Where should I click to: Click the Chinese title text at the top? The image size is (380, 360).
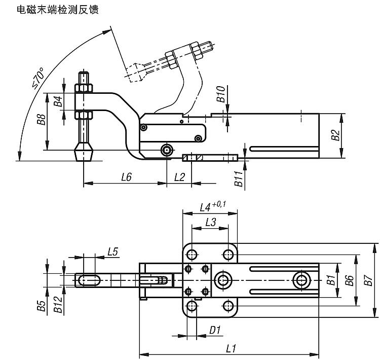[58, 10]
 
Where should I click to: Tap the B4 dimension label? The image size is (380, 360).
[58, 101]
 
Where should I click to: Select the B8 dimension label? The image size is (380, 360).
[42, 119]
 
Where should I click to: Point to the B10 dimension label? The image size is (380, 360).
[221, 94]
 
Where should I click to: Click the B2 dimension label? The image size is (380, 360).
[335, 135]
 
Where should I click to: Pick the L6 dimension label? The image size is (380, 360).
[126, 177]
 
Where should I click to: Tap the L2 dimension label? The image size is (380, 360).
[179, 177]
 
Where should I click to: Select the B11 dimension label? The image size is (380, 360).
[239, 178]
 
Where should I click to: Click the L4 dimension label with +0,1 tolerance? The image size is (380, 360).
[213, 206]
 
